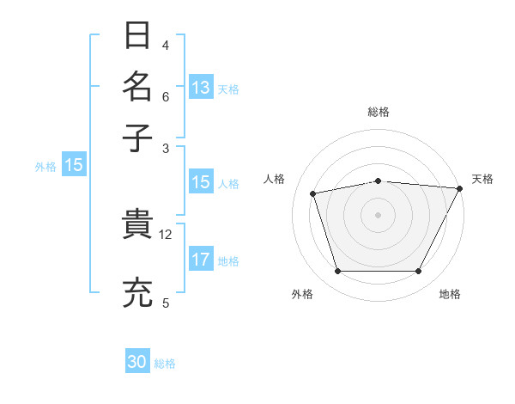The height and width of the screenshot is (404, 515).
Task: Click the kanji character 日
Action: coord(137,36)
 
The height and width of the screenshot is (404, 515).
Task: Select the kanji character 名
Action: coord(137,87)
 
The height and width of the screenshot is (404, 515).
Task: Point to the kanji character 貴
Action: coord(137,225)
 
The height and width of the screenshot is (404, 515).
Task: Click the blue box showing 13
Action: coord(201,87)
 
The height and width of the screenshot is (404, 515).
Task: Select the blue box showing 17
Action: coord(201,260)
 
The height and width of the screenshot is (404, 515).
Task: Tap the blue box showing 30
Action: coord(137,362)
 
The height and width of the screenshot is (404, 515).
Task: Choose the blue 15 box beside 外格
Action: coord(74,166)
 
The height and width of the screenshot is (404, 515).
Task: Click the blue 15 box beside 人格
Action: coord(201,182)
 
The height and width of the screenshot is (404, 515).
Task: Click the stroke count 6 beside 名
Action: coord(166,96)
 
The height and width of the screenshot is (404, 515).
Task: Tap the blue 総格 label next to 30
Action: coord(165,364)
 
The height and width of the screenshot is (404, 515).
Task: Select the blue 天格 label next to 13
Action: coord(228,89)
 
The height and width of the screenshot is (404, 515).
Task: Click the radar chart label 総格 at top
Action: coord(378,113)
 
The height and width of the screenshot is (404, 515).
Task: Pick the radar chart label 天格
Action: coord(482,179)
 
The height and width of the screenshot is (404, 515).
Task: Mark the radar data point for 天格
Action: coord(459,188)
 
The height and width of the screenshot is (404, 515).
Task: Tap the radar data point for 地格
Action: coord(418,271)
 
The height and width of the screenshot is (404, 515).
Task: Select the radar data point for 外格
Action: coord(337,271)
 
